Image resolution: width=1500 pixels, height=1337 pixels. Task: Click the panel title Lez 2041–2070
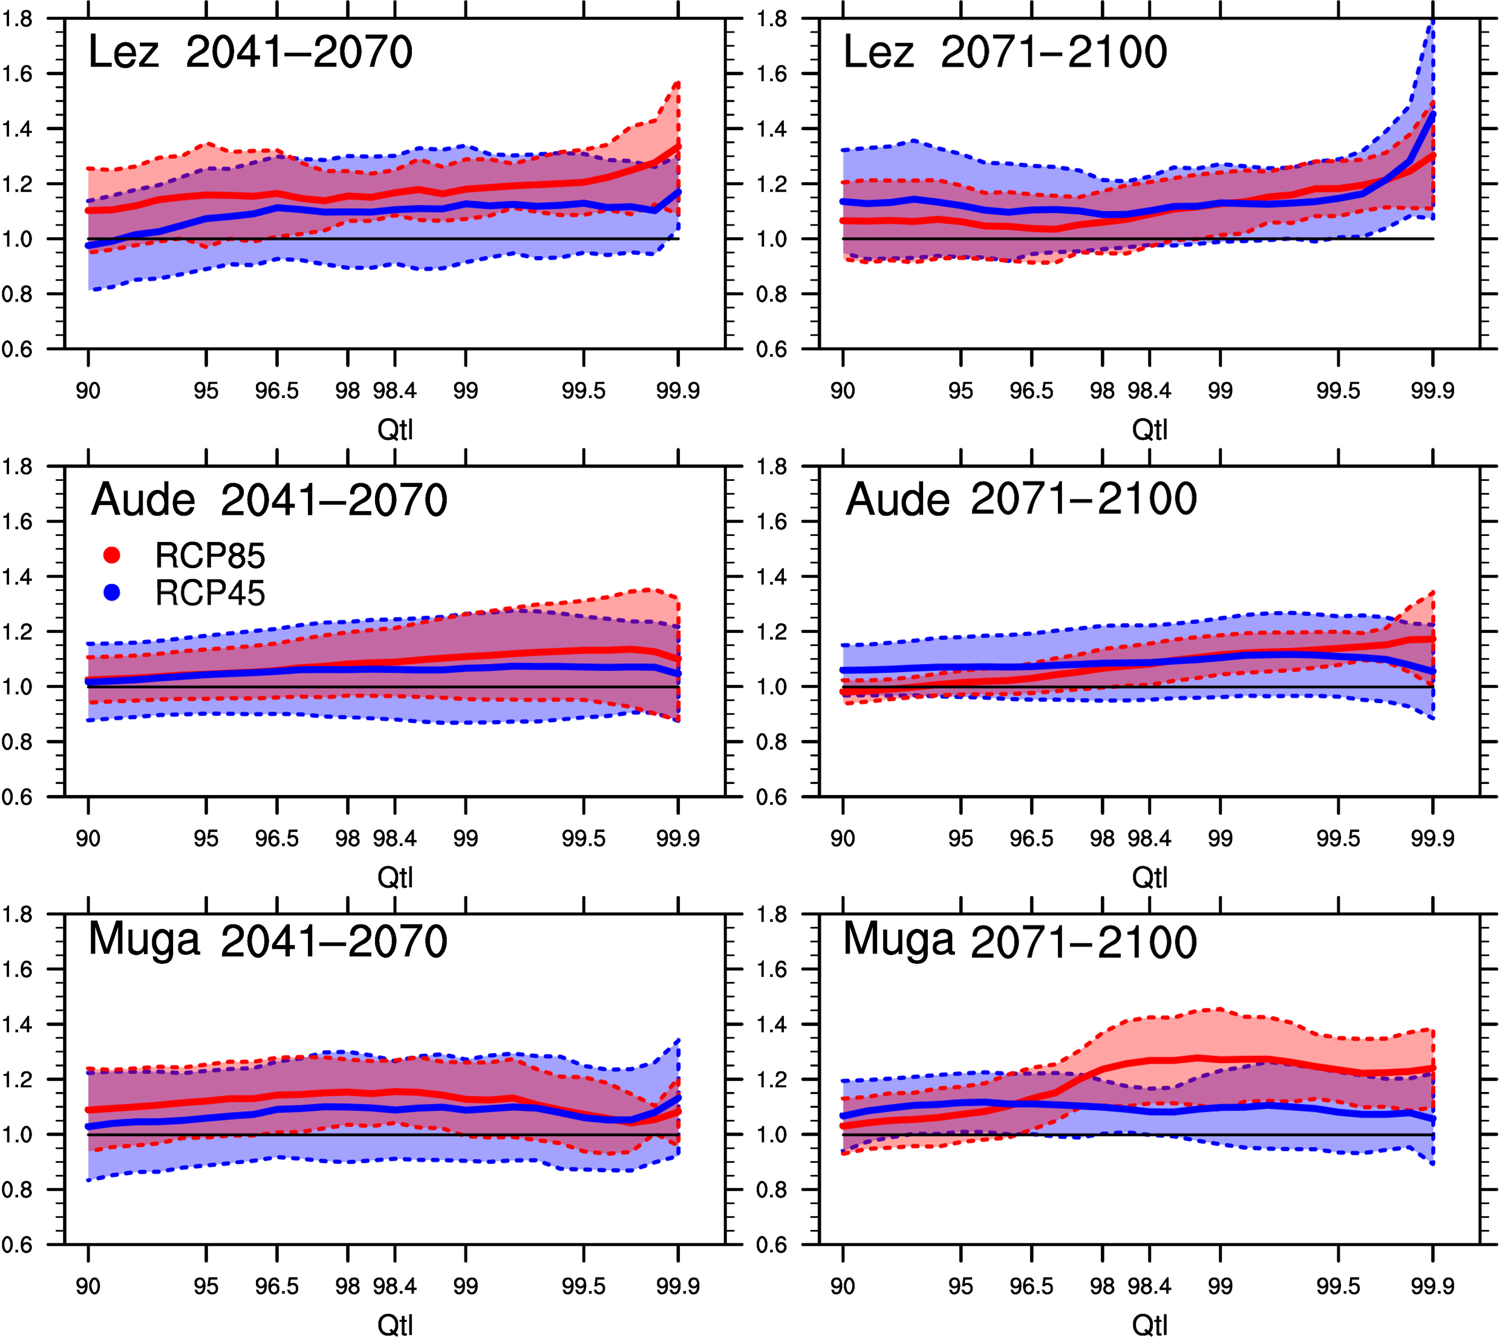tap(250, 53)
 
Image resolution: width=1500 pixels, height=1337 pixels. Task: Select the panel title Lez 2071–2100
tap(1005, 53)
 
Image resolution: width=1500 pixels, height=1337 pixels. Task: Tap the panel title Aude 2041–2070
tap(269, 500)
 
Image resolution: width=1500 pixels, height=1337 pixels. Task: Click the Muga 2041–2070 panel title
tap(267, 941)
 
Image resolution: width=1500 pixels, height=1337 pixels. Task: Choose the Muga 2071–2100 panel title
tap(1020, 941)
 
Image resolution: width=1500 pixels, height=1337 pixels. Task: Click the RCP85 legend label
tap(210, 556)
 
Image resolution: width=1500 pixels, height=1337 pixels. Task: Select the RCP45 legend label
tap(210, 593)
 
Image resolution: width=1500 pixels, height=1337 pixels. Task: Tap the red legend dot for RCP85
tap(112, 555)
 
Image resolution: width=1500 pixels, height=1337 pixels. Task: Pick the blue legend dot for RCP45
tap(112, 593)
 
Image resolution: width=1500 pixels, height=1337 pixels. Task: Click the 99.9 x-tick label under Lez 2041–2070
tap(677, 391)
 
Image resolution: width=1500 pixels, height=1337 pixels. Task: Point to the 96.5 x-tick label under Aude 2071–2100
tap(1031, 839)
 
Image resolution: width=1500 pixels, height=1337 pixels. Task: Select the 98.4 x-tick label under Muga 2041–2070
tap(394, 1286)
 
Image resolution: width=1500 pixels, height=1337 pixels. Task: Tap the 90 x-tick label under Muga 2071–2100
tap(843, 1286)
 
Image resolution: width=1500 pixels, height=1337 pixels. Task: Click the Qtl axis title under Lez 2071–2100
tap(1150, 430)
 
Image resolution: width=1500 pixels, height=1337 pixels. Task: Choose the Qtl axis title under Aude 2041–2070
tap(395, 878)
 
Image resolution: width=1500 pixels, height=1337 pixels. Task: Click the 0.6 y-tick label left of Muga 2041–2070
tap(18, 1244)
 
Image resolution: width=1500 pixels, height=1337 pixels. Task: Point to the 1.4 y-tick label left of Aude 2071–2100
tap(772, 577)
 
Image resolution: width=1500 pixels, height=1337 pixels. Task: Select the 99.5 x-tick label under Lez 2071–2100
tap(1338, 391)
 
